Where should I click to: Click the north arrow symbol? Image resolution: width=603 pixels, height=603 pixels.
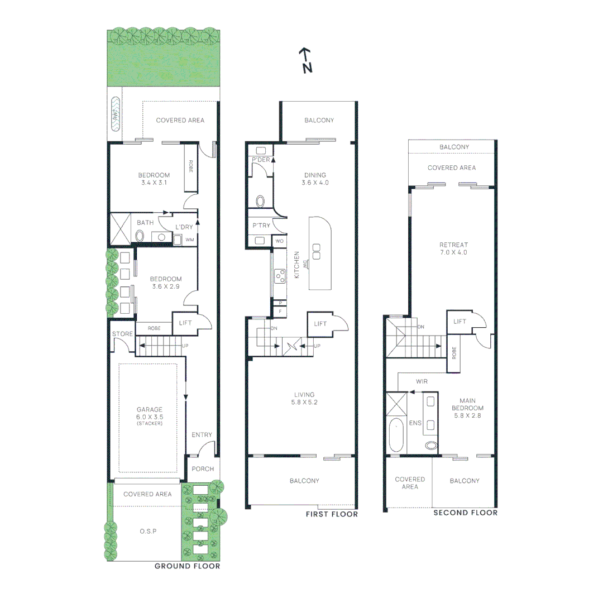(x=305, y=60)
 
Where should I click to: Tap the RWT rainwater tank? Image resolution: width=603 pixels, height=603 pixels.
(x=116, y=114)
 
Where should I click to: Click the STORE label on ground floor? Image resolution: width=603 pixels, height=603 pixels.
(x=122, y=334)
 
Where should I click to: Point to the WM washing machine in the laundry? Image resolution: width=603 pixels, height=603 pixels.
(x=189, y=240)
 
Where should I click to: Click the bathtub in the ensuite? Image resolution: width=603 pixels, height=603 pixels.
(x=396, y=434)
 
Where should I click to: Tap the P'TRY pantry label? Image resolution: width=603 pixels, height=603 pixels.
(x=260, y=226)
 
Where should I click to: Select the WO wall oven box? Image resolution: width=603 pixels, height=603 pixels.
(x=279, y=241)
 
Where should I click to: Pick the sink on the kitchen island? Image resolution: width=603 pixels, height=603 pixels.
(x=317, y=251)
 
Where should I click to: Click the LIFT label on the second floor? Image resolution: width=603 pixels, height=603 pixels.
(x=460, y=322)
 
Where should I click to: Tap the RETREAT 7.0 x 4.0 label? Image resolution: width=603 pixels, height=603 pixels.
(x=453, y=248)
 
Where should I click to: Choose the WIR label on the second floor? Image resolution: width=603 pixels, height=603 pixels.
(x=422, y=381)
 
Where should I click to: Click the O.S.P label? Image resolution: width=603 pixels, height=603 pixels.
(x=147, y=532)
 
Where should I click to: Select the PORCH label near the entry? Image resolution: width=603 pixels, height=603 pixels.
(x=202, y=468)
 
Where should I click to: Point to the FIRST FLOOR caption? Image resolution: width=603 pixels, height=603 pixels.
(x=331, y=514)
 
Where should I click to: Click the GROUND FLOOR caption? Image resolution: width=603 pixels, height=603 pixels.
(x=187, y=566)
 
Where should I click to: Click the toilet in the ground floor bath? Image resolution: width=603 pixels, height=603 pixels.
(x=139, y=236)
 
